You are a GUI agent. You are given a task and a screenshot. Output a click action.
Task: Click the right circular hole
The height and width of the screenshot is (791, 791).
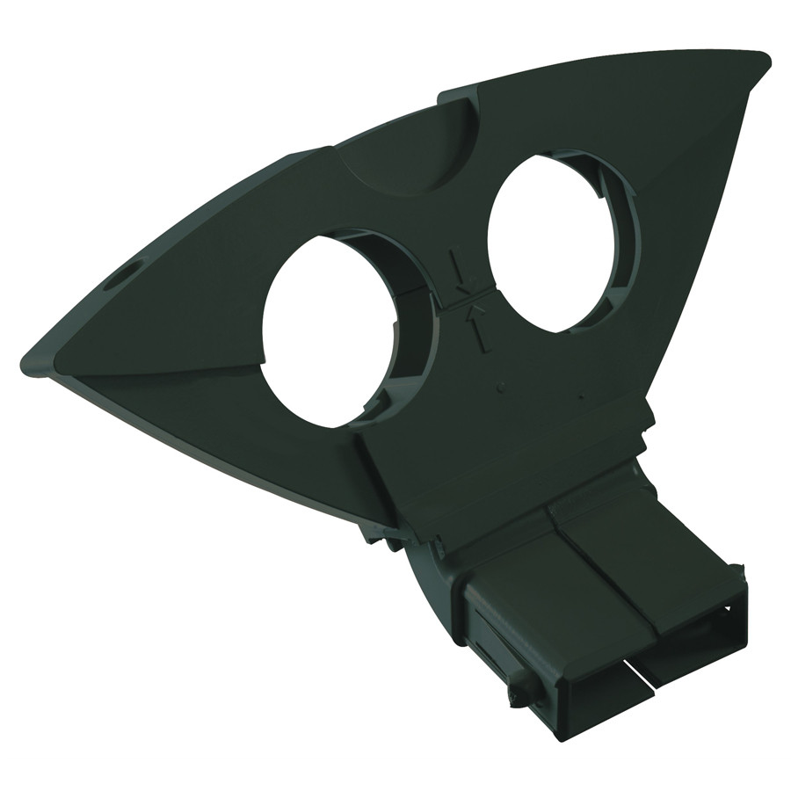549,242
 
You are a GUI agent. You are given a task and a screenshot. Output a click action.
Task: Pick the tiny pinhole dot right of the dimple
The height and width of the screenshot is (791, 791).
580,394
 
